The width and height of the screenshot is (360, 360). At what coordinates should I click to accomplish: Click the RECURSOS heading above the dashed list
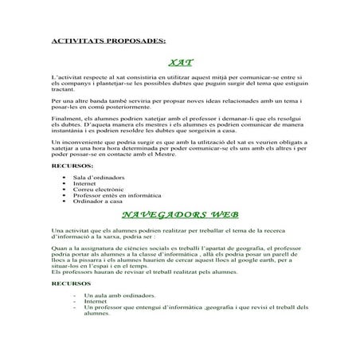[68, 283]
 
